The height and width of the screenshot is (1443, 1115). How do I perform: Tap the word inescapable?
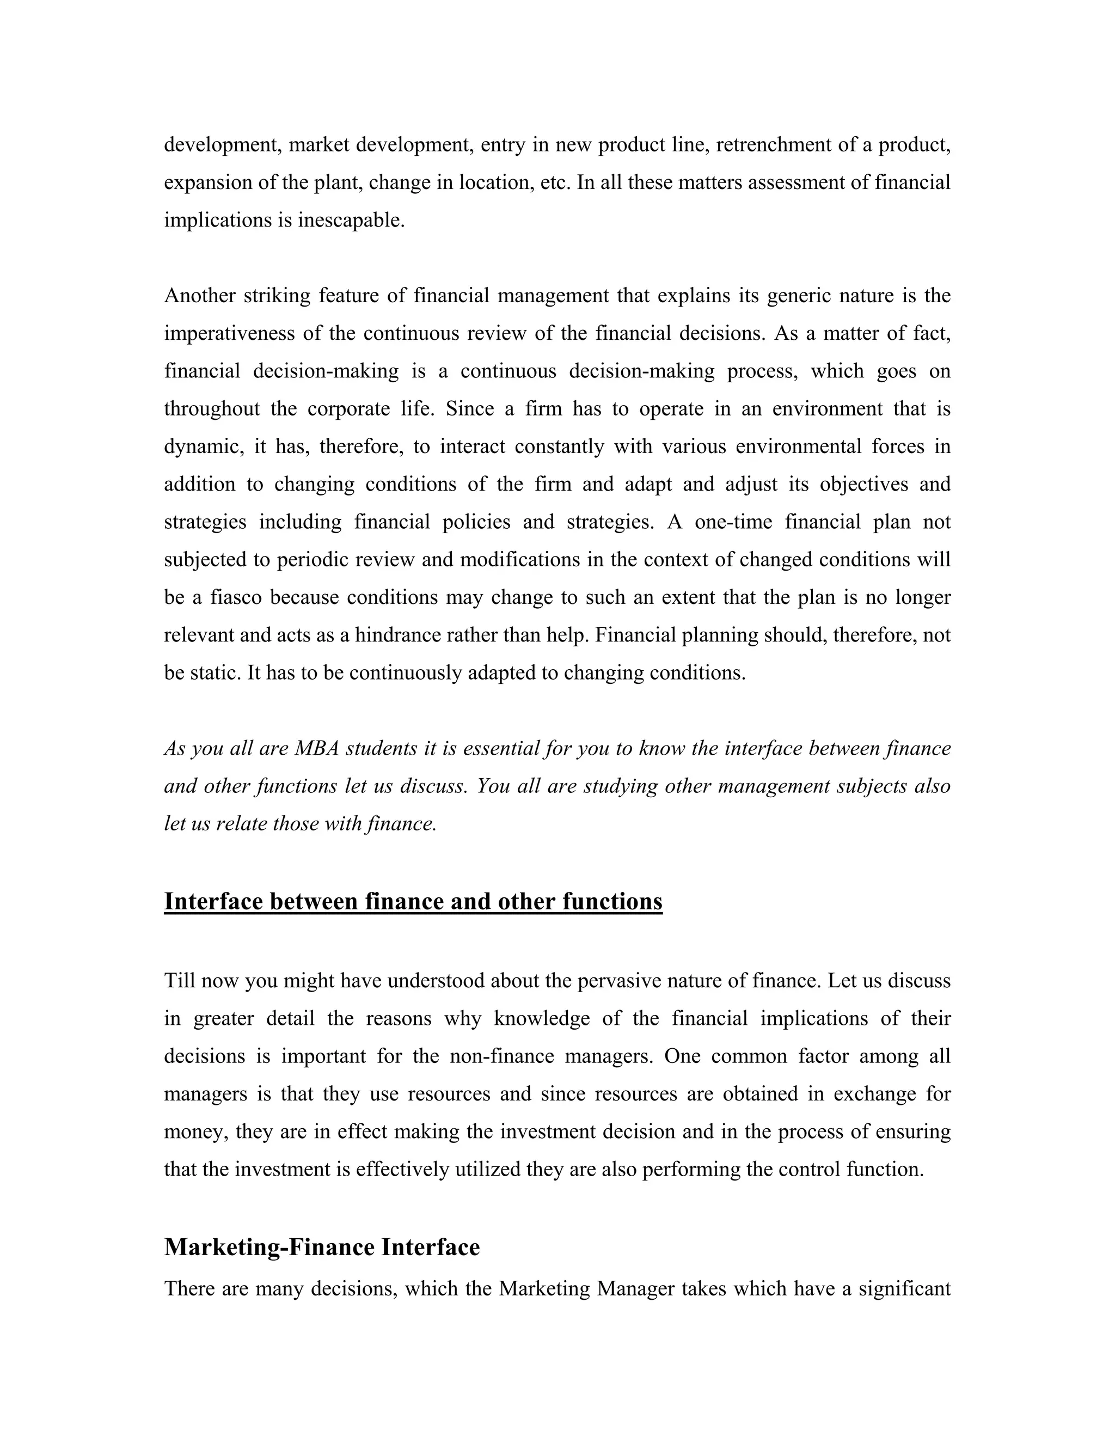(x=351, y=220)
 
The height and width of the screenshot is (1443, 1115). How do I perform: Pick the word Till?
(x=179, y=981)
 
